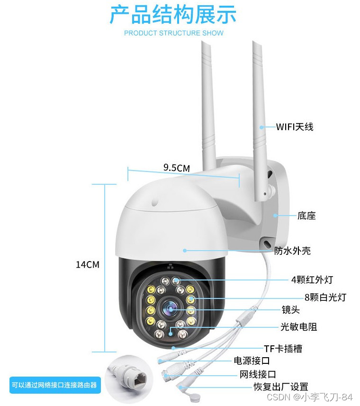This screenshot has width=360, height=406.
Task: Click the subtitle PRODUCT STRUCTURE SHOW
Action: point(173,33)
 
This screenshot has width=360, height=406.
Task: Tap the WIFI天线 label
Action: point(295,127)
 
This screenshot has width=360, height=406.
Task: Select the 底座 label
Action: point(306,216)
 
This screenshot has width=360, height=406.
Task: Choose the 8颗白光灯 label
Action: point(325,298)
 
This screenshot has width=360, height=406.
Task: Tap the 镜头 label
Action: point(291,310)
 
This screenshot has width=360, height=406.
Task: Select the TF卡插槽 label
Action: point(283,349)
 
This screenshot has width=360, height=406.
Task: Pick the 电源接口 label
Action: point(252,361)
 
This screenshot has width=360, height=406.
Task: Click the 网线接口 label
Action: point(258,375)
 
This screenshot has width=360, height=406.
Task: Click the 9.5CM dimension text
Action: point(176,168)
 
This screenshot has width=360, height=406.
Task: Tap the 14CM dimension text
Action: point(88,264)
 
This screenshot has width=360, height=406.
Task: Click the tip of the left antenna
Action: point(206,43)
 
